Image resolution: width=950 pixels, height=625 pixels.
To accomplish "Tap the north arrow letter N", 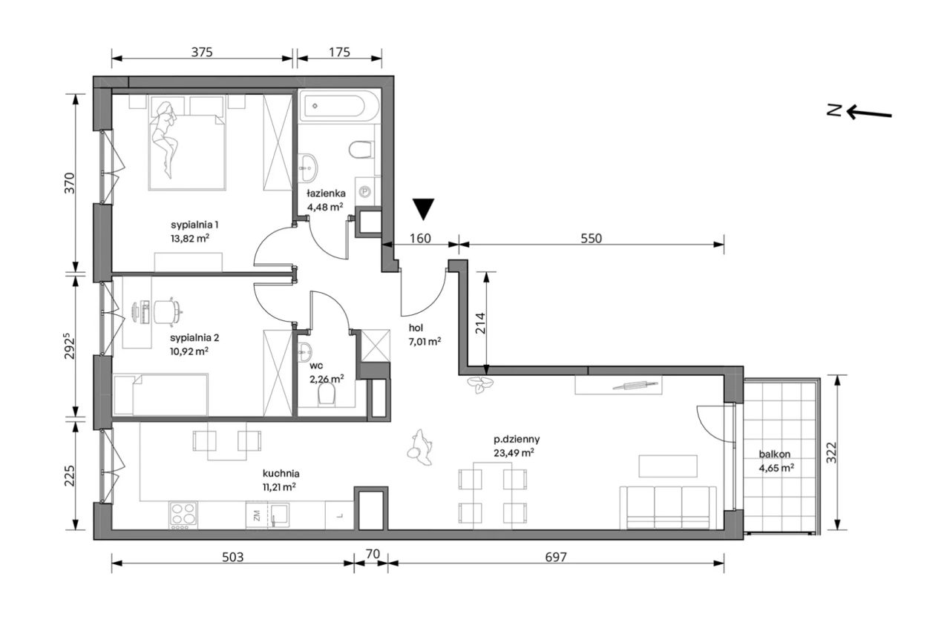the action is pos(834,110).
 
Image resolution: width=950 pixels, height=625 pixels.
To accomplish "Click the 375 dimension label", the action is pos(202,52).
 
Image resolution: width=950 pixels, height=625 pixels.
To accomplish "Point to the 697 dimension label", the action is pos(556,557).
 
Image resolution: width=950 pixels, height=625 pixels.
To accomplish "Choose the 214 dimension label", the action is pos(480,323).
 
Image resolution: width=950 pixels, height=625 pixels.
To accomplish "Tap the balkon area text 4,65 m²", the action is pos(776,469).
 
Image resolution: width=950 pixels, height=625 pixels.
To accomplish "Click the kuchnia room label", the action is pos(281,473).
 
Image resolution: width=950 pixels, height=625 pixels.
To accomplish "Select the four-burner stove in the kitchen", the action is pos(183,515).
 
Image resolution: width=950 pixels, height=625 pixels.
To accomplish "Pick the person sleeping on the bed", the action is pos(166,139).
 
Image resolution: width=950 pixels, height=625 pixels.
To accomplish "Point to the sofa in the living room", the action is pos(668,508).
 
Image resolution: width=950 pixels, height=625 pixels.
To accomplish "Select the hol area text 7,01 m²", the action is pos(425,342).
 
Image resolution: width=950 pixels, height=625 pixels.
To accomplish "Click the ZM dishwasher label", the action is pos(257,516).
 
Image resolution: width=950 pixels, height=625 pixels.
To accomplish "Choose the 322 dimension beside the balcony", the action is pos(832,452).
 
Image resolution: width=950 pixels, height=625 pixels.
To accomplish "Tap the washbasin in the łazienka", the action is pos(308,168).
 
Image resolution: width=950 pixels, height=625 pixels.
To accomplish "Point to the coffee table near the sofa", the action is pos(668,466).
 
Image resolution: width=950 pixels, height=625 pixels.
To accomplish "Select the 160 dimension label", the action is pos(420,239).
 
